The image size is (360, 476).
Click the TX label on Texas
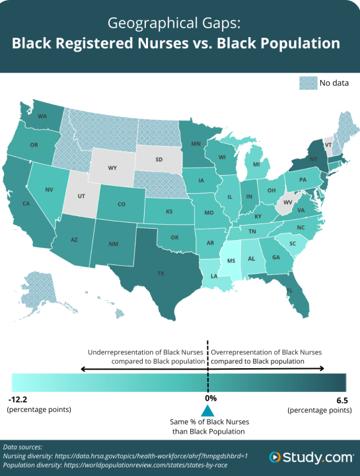(x=161, y=272)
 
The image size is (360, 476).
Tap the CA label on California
(x=27, y=204)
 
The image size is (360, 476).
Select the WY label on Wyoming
(x=112, y=168)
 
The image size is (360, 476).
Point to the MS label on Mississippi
(x=231, y=261)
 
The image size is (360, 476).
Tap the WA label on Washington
(x=42, y=116)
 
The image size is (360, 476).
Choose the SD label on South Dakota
(x=159, y=159)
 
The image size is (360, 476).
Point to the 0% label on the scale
(x=209, y=398)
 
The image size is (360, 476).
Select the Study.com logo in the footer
(x=310, y=457)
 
